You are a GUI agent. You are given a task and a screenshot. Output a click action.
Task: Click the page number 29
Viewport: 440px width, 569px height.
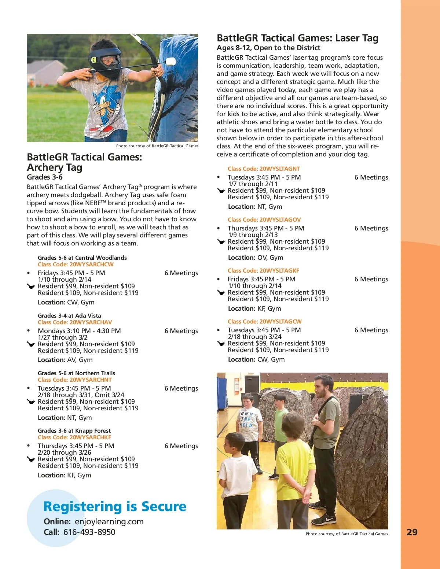[412, 532]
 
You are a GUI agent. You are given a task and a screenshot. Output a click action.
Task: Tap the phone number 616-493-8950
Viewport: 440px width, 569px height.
[89, 532]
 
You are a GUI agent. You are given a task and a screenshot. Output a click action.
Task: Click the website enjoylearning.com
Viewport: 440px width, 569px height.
[109, 521]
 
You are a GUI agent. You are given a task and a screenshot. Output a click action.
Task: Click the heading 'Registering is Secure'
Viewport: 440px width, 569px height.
[115, 506]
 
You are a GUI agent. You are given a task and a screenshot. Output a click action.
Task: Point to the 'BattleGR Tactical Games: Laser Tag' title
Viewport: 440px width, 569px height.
[297, 38]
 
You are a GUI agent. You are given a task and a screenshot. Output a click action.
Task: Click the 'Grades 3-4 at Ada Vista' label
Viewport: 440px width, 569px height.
[69, 315]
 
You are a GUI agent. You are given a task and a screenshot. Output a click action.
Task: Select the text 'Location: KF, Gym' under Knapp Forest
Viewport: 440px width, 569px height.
[65, 475]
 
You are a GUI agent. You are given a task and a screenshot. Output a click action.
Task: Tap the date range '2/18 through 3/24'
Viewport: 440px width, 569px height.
[255, 337]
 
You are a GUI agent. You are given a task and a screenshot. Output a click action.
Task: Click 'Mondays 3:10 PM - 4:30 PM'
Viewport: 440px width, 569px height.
[79, 331]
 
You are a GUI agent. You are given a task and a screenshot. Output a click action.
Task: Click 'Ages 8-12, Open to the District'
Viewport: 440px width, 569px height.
[268, 48]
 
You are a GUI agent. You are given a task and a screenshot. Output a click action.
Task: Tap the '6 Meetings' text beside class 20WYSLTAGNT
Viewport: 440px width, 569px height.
[371, 177]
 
